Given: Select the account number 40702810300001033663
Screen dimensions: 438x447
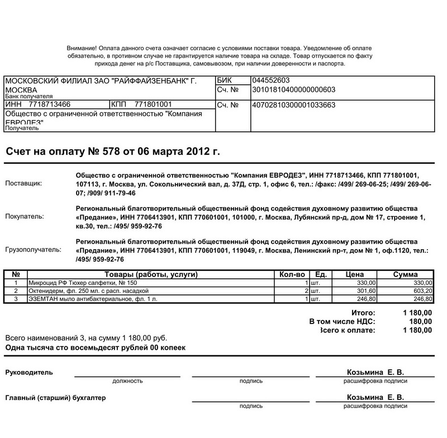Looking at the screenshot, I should coord(294,104).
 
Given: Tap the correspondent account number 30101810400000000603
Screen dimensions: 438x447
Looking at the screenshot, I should coord(294,89).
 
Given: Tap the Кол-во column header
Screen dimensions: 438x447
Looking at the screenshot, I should coord(292,274).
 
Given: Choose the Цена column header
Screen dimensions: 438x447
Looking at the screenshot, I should coord(355,274).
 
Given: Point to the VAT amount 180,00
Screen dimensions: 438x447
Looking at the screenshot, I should coord(421,322).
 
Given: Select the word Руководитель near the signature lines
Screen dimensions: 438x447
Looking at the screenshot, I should coord(28,372).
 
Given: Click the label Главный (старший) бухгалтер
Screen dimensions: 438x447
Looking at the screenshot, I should coord(55,398).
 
